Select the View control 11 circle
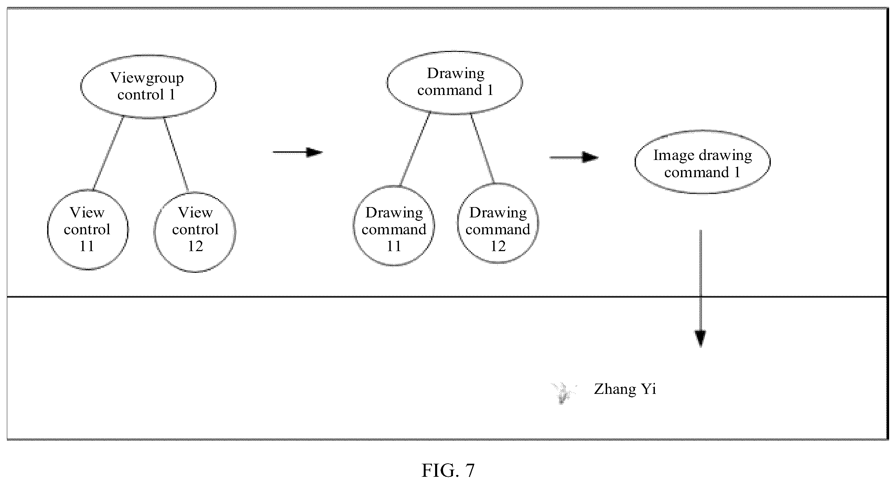pos(48,230)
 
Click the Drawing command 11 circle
pos(354,225)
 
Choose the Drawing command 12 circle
pos(458,223)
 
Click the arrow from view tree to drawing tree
pos(298,152)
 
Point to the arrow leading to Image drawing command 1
pos(574,158)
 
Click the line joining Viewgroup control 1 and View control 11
pos(108,153)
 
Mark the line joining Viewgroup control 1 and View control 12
pos(176,155)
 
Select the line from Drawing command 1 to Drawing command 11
pos(415,149)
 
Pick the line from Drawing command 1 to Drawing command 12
pos(483,148)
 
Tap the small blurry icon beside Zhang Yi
pos(563,393)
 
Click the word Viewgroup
pos(147,78)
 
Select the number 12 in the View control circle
pos(195,246)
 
